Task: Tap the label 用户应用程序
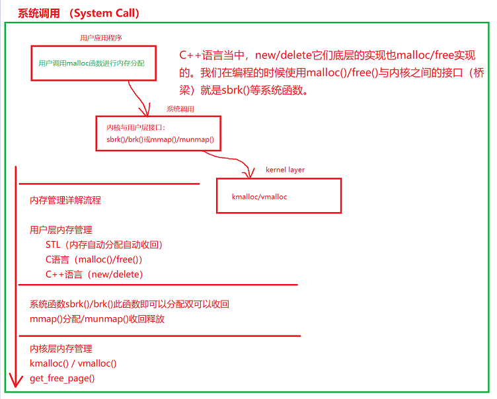coord(97,38)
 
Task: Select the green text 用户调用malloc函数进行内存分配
coord(91,63)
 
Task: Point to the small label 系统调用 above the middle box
coord(180,109)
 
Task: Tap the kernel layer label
coord(285,170)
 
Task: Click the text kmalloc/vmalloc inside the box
coord(259,196)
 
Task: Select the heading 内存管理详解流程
coord(65,200)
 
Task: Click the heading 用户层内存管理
coord(61,231)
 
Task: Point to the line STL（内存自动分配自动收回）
coord(104,245)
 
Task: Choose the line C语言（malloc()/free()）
coord(94,260)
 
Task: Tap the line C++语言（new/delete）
coord(94,274)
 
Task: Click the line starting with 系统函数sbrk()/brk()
coord(130,305)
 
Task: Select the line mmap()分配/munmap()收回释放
coord(97,319)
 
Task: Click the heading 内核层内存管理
coord(61,349)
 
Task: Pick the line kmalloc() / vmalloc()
coord(73,363)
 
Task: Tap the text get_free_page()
coord(62,379)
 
